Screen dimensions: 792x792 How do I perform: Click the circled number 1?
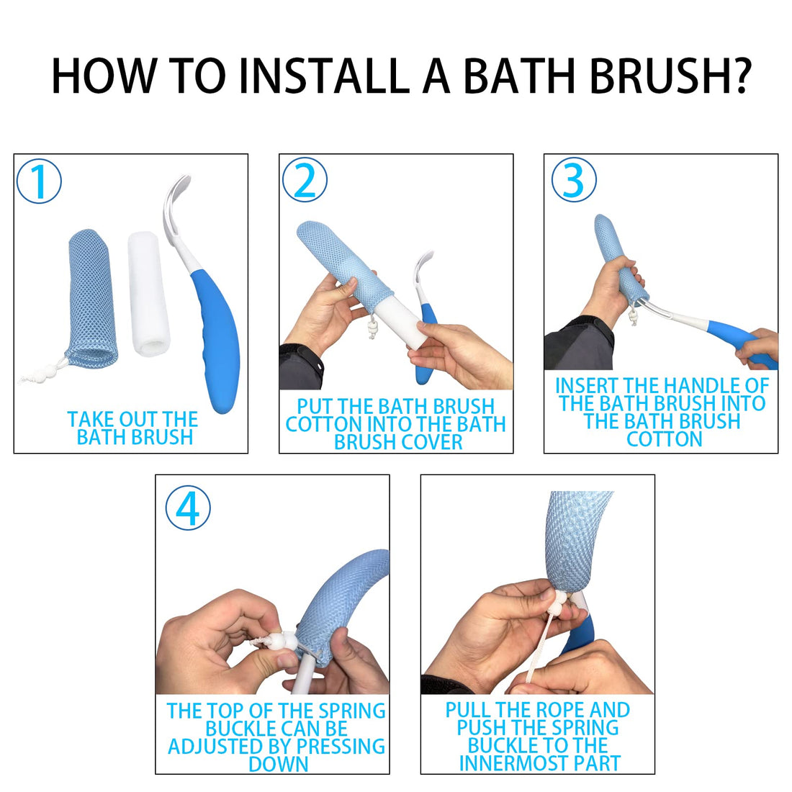[39, 181]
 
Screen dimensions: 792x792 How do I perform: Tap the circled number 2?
[305, 180]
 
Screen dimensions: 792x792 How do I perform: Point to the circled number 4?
[188, 508]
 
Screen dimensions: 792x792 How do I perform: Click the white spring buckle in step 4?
[277, 641]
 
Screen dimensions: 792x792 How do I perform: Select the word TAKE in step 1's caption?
[90, 420]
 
